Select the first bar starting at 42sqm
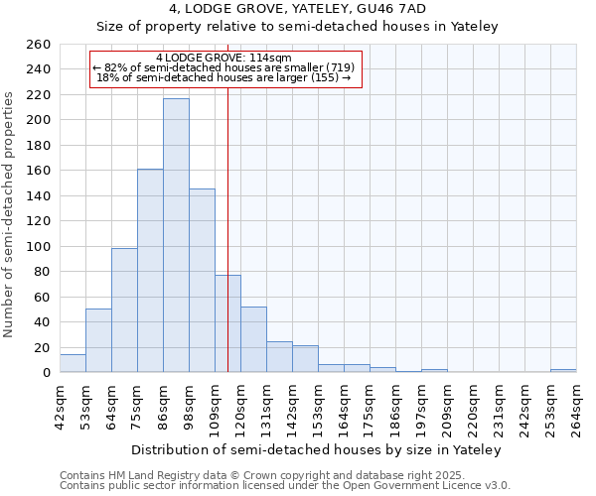(73, 363)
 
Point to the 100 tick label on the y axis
(38, 247)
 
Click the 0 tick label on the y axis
(46, 373)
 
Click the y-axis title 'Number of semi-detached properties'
(10, 214)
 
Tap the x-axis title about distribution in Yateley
(317, 449)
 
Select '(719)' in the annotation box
(338, 67)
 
